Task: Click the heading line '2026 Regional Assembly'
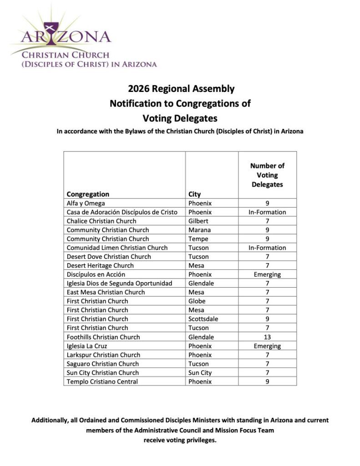click(180, 89)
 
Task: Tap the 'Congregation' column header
click(88, 194)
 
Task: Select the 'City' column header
click(194, 194)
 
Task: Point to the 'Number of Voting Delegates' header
click(267, 175)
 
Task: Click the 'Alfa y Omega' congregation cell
click(86, 203)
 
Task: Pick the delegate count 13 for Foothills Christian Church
click(267, 337)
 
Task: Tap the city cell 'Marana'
click(199, 230)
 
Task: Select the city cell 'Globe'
click(197, 301)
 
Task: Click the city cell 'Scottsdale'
click(203, 319)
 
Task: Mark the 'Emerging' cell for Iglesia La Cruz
click(267, 346)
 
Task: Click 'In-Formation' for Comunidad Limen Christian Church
click(267, 248)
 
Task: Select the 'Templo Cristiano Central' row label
click(102, 381)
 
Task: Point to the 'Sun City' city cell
click(200, 373)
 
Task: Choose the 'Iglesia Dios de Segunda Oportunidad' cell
click(119, 284)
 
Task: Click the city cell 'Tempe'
click(198, 239)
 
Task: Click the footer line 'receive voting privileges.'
click(180, 440)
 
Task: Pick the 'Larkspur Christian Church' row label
click(103, 355)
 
